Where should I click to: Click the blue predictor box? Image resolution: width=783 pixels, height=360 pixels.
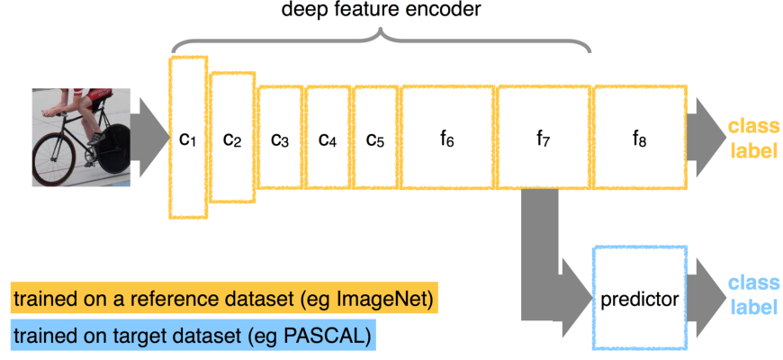click(639, 298)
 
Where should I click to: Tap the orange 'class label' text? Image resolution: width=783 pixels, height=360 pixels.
click(752, 138)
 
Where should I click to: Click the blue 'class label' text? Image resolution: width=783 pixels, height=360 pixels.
click(752, 296)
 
